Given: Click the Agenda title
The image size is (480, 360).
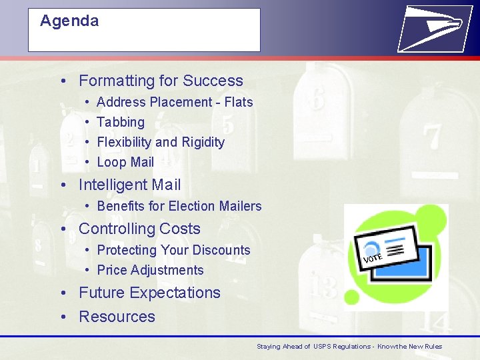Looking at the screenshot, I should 69,21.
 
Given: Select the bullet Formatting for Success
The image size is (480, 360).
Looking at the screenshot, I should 161,81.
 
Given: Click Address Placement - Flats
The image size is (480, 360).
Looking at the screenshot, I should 175,102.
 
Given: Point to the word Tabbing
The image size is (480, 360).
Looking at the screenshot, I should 121,122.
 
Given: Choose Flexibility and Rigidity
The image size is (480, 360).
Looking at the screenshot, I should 161,142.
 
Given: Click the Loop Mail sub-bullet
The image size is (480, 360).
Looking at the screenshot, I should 125,162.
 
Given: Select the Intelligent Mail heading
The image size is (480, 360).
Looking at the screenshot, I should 129,185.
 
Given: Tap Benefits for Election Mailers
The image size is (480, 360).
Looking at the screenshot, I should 179,206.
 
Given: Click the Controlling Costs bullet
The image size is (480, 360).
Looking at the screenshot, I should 139,229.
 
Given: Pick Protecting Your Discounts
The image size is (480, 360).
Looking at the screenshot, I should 173,250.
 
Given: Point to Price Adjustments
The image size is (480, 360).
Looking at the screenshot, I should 150,270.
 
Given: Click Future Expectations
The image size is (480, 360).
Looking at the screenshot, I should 149,293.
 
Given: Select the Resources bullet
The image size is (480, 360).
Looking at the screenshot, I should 117,317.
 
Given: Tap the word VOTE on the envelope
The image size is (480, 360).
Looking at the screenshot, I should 373,257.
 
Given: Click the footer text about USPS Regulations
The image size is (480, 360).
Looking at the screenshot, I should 349,347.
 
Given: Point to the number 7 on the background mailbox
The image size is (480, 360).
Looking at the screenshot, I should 432,137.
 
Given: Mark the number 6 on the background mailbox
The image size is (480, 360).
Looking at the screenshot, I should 317,99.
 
